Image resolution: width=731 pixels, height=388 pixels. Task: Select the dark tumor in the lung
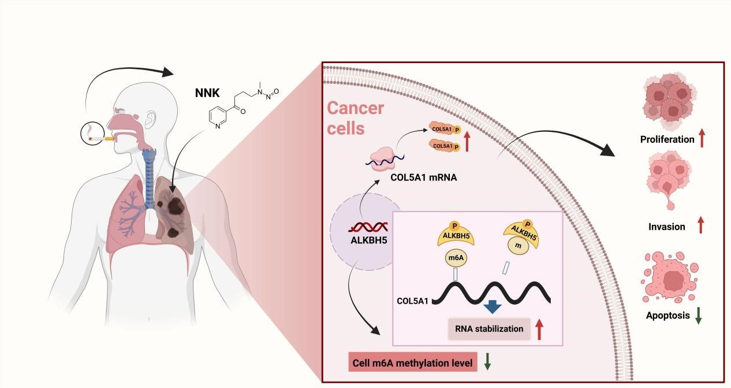pyautogui.click(x=171, y=205)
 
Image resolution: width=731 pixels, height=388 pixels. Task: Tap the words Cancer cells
pyautogui.click(x=356, y=117)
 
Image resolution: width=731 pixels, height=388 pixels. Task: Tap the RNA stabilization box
pyautogui.click(x=488, y=328)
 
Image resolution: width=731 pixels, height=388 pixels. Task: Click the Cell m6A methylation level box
pyautogui.click(x=412, y=363)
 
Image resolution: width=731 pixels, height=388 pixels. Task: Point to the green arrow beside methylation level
pyautogui.click(x=487, y=361)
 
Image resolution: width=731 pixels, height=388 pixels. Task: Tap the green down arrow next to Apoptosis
pyautogui.click(x=698, y=315)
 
